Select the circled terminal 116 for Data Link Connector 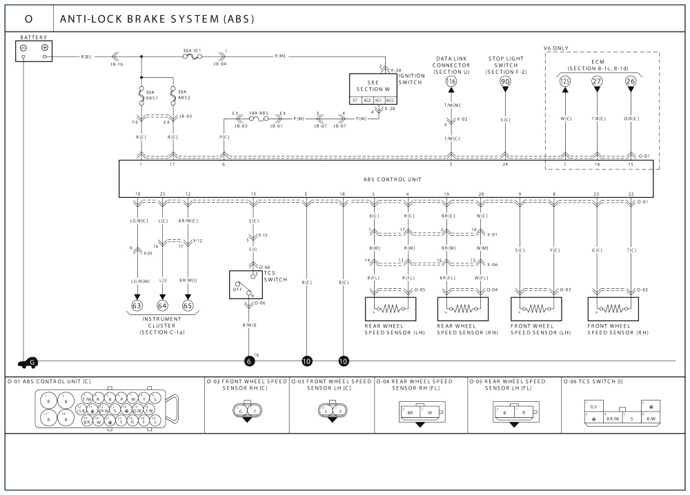tap(451, 81)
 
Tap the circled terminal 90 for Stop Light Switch tap(505, 81)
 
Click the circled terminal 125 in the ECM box tap(565, 81)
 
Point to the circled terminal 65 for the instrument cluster tap(188, 305)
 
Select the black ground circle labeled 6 tap(249, 361)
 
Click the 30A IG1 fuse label tap(191, 50)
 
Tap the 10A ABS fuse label tap(259, 112)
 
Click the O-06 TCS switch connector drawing tap(623, 412)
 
